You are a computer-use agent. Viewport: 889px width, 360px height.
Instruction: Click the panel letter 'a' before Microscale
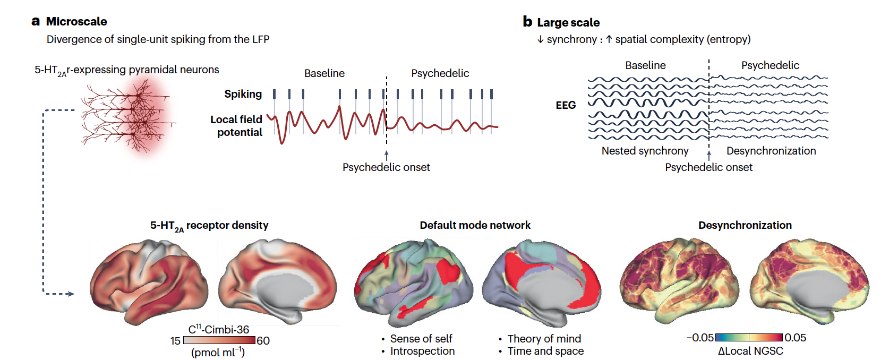pos(36,22)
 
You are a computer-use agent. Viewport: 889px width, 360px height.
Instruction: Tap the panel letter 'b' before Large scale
pos(527,22)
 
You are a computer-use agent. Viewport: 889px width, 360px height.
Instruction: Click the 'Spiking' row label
pos(243,94)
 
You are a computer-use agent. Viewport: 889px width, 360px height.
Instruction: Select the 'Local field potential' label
pos(237,126)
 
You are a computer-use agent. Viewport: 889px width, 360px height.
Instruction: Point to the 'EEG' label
pos(566,105)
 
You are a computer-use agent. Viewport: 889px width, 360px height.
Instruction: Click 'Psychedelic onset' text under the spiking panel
pos(386,167)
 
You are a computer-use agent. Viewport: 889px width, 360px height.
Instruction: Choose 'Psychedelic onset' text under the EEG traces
pos(708,167)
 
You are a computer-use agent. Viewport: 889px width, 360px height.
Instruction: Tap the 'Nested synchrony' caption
pos(645,151)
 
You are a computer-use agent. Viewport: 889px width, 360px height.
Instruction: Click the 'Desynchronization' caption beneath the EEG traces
pos(771,151)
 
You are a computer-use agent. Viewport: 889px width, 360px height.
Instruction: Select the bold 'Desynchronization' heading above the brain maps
pos(745,225)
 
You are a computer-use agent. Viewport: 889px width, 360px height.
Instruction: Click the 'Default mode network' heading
pos(475,225)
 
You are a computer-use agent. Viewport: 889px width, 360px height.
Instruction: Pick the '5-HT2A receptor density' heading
pos(209,226)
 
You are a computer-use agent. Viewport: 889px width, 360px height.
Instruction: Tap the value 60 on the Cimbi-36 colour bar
pos(263,341)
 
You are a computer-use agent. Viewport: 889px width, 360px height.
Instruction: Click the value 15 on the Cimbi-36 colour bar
pos(175,341)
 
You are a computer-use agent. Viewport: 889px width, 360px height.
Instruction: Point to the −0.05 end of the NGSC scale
pos(700,338)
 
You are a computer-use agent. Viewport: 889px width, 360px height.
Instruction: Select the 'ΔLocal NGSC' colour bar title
pos(750,351)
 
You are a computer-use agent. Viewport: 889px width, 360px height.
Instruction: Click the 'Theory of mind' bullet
pos(544,339)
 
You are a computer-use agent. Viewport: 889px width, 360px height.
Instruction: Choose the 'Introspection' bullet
pos(422,351)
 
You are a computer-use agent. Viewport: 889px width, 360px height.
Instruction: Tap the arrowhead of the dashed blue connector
pos(71,294)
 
